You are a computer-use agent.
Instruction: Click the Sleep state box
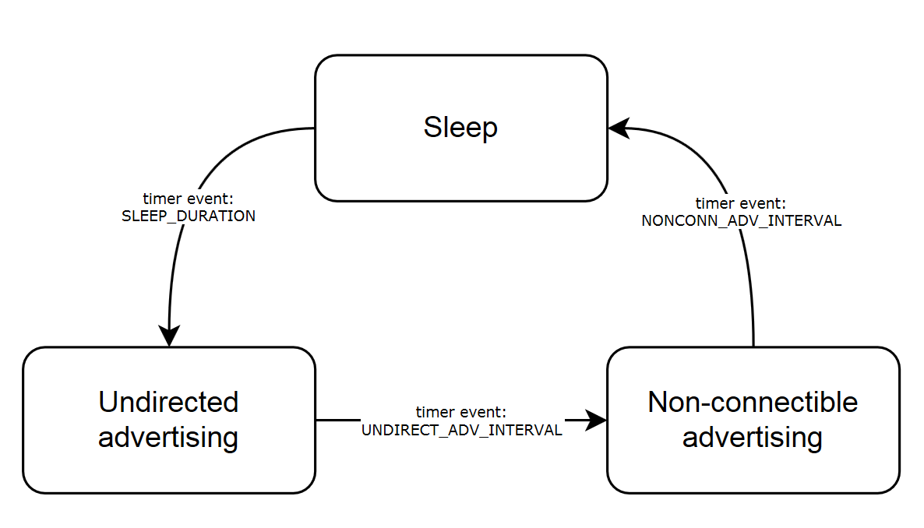[x=460, y=164]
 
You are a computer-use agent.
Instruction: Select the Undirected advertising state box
[x=168, y=467]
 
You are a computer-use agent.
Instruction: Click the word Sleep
[x=460, y=127]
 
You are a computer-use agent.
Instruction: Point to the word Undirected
[x=168, y=402]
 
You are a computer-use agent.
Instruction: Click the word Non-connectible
[x=753, y=402]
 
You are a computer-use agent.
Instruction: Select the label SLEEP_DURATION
[x=189, y=216]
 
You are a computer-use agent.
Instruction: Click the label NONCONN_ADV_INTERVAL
[x=741, y=220]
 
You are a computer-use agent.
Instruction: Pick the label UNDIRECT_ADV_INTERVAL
[x=461, y=430]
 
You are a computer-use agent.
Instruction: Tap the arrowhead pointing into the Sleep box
[x=618, y=128]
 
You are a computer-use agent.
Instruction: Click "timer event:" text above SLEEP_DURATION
[x=189, y=199]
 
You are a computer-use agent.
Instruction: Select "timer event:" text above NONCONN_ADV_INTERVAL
[x=741, y=204]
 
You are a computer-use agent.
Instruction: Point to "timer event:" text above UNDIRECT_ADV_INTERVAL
[x=461, y=412]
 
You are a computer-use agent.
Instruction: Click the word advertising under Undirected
[x=168, y=437]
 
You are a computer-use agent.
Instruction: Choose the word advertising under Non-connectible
[x=753, y=437]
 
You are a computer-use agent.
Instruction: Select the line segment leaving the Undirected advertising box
[x=335, y=421]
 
